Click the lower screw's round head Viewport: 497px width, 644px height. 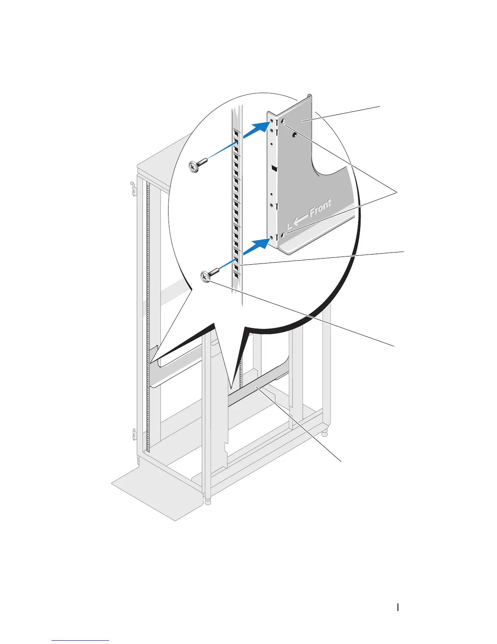point(205,277)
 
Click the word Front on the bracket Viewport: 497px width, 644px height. point(320,208)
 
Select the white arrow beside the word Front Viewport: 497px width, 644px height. point(300,220)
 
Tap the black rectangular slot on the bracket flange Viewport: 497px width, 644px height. point(274,168)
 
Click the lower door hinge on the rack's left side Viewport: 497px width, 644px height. point(135,434)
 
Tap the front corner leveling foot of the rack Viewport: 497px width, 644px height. point(208,501)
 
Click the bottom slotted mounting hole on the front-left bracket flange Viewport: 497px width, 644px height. point(283,235)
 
